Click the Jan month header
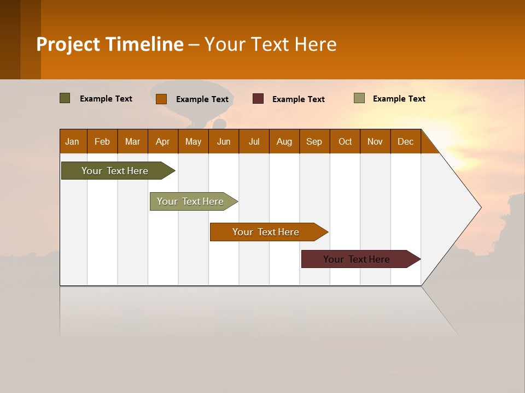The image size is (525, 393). pos(73,141)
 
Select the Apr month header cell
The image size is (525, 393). pos(163,141)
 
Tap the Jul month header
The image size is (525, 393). pos(254,141)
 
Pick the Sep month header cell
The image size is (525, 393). pos(314,141)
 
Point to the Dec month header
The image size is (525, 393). pos(406,141)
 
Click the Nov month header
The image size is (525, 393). pos(375,141)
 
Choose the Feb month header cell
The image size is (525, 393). pos(102,141)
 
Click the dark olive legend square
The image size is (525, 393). pos(65,98)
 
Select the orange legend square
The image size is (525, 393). pos(161,99)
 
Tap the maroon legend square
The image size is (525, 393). pos(258,99)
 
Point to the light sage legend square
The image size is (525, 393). pos(359,98)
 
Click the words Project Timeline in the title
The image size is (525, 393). pos(110,44)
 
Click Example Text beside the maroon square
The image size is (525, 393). pos(298,99)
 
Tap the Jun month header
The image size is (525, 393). pos(224,141)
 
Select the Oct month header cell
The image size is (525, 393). pos(345,141)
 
